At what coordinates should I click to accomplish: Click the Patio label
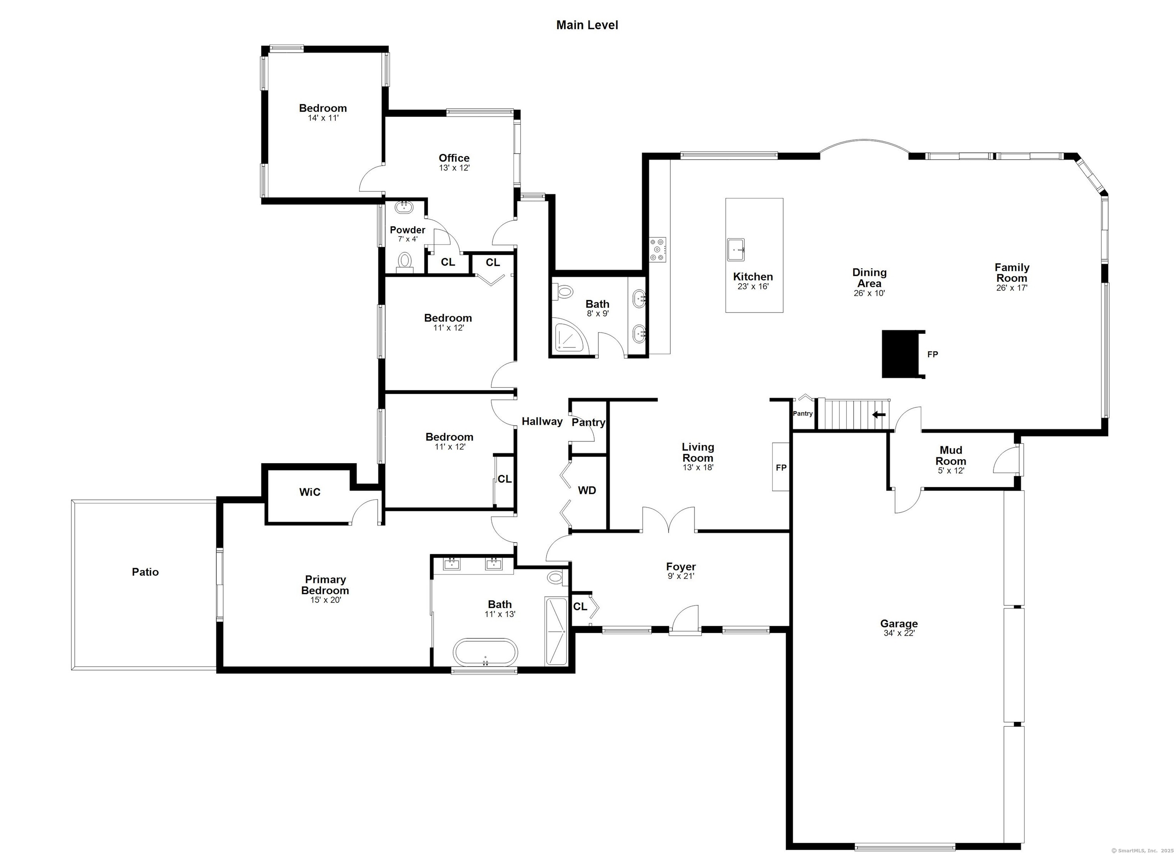tap(145, 572)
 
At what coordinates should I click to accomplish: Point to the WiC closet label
tap(310, 492)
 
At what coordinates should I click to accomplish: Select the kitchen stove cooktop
tap(658, 250)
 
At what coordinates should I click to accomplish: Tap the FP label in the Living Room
tap(781, 468)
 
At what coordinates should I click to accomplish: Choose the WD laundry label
tap(587, 490)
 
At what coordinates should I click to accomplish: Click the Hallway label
tap(542, 421)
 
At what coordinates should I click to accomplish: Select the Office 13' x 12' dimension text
tap(454, 168)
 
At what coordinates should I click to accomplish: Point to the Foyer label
tap(681, 567)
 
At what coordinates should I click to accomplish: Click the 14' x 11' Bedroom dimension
tap(323, 118)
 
